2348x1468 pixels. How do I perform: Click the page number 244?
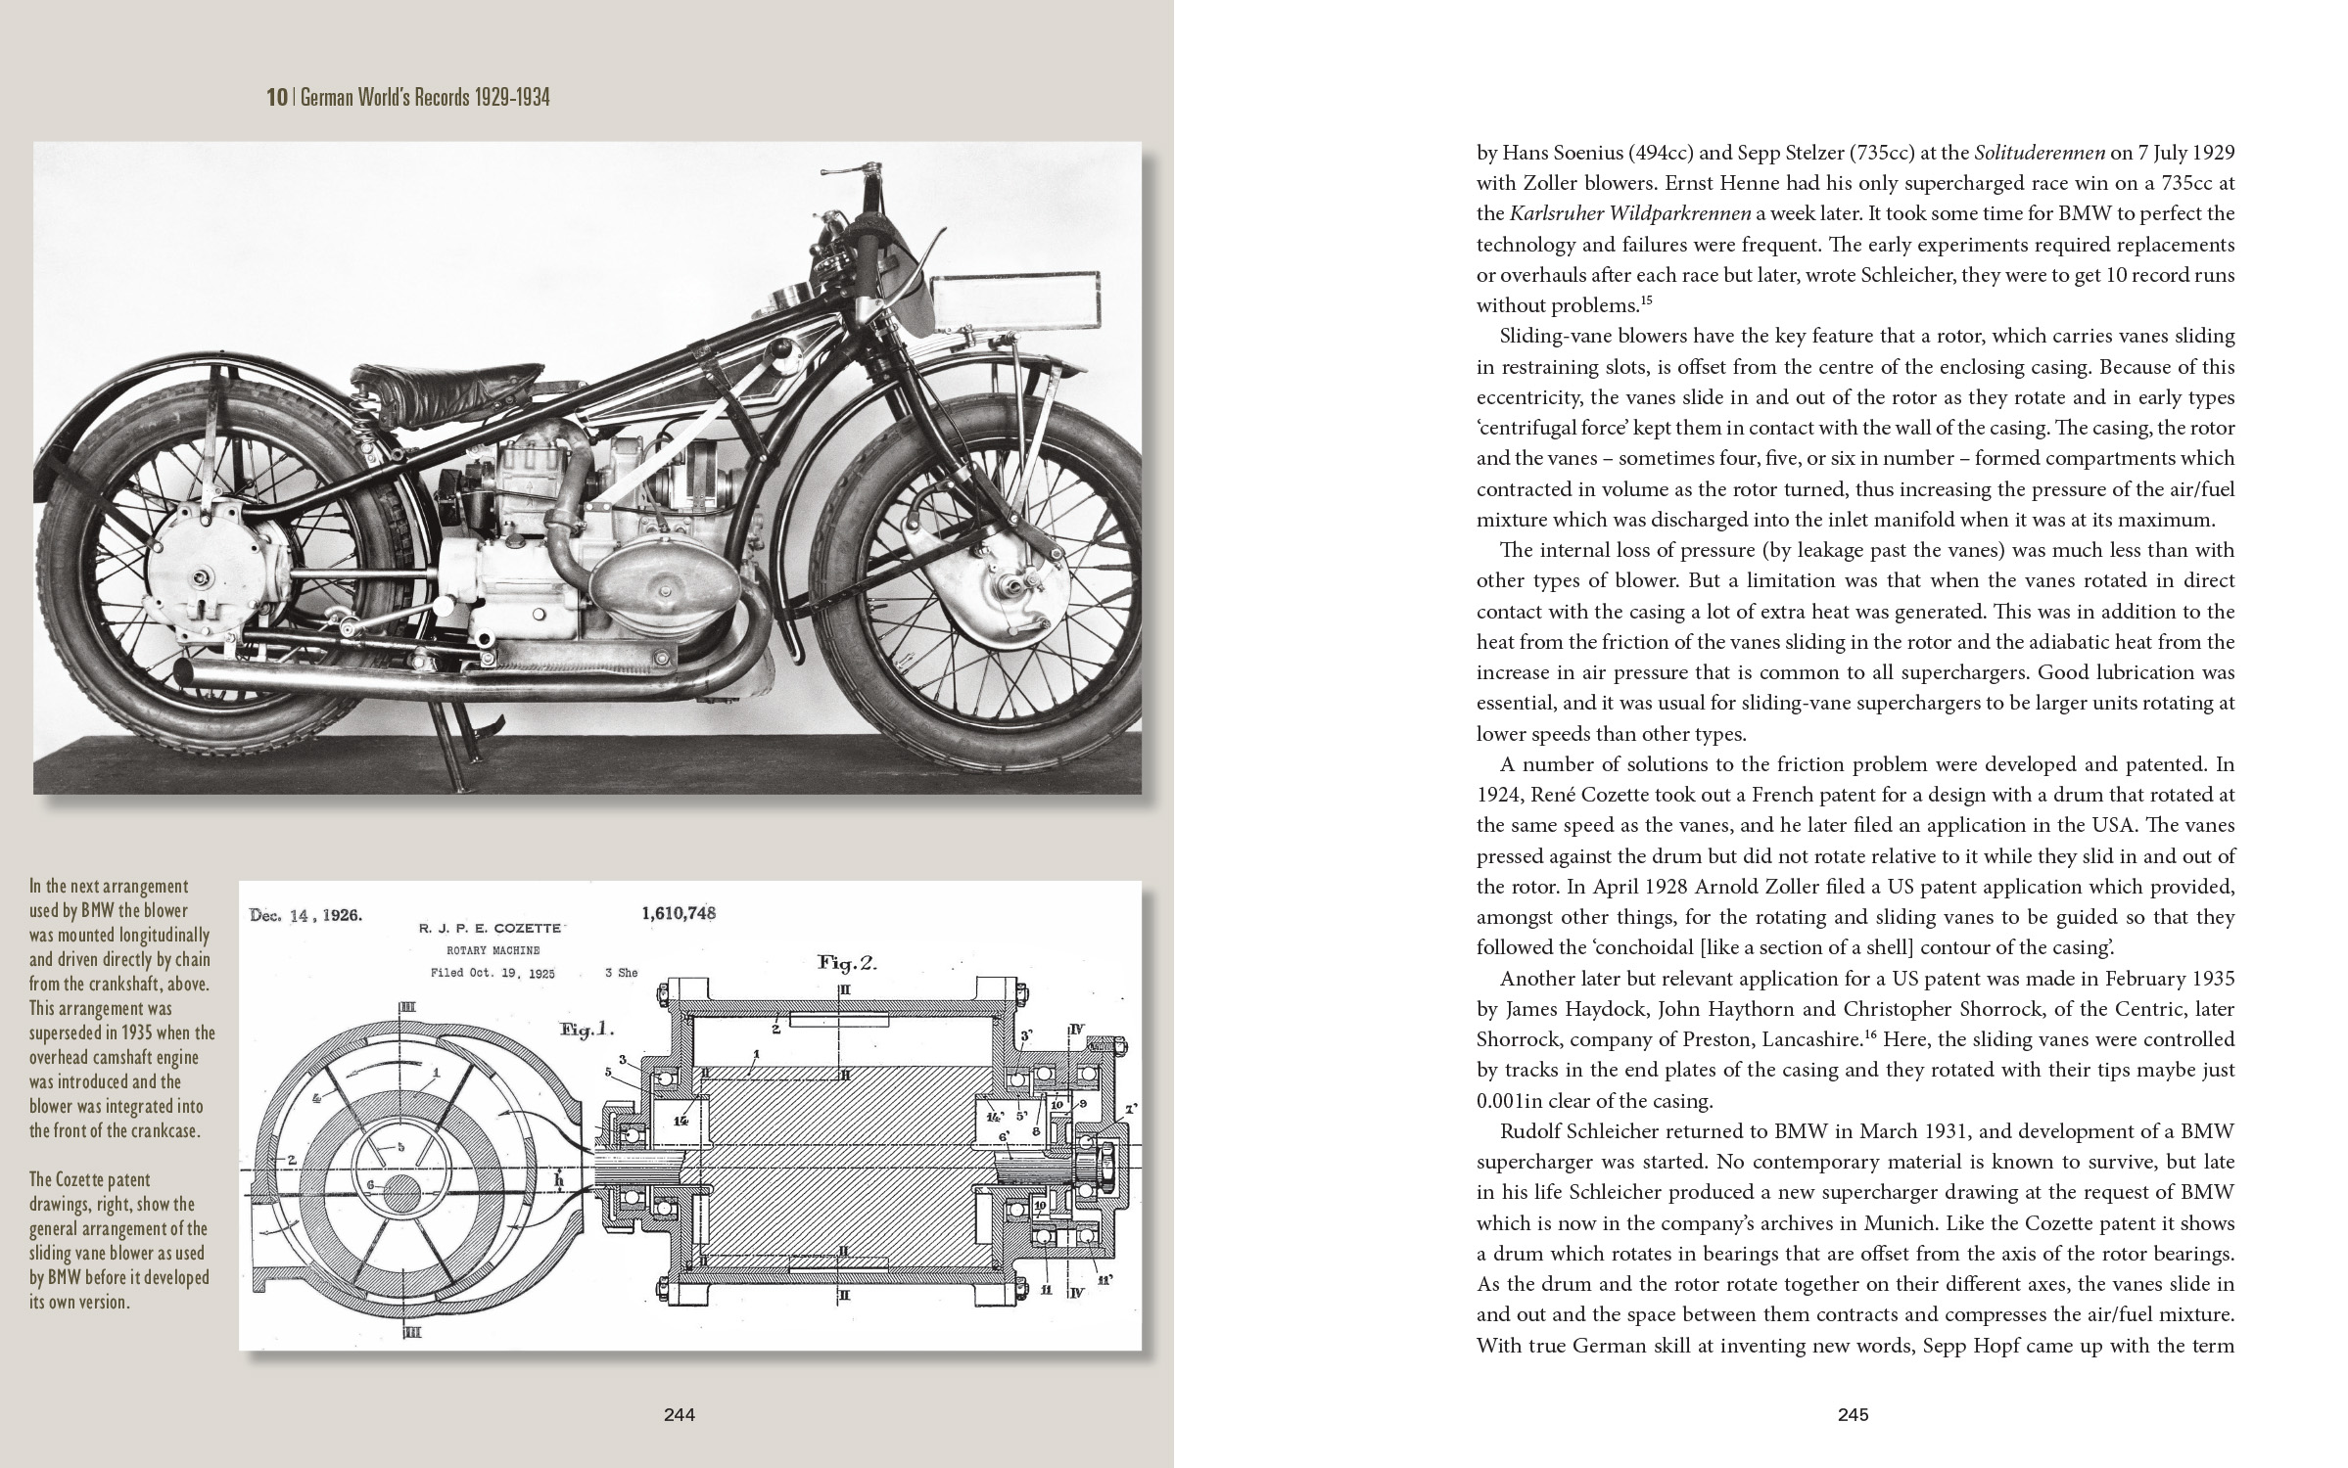pyautogui.click(x=679, y=1414)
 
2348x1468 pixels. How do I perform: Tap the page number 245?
pyautogui.click(x=1853, y=1414)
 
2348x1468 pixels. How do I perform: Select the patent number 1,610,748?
pyautogui.click(x=679, y=913)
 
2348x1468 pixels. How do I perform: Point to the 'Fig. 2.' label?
pyautogui.click(x=847, y=963)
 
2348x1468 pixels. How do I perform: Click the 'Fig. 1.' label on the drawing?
pyautogui.click(x=587, y=1029)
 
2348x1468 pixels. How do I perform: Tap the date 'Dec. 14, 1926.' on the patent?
pyautogui.click(x=305, y=916)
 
